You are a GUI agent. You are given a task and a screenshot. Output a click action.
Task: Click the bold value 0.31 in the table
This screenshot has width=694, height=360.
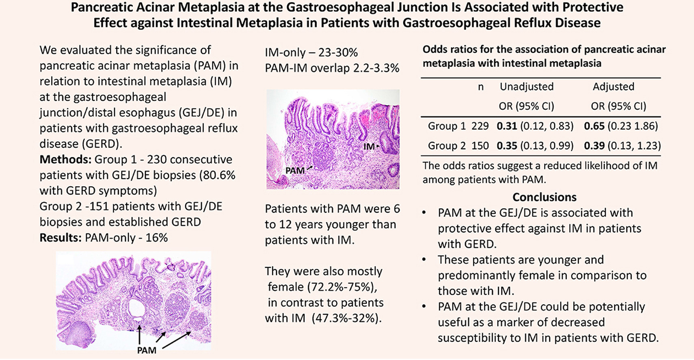point(506,126)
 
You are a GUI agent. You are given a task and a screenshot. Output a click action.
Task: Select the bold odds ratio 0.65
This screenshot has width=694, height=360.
point(594,126)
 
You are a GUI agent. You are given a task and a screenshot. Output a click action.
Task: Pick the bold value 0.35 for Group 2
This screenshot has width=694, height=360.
point(506,146)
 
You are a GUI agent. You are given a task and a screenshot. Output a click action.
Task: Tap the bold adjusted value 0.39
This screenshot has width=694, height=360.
point(594,146)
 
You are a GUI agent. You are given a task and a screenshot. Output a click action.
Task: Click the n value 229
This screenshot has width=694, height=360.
point(480,126)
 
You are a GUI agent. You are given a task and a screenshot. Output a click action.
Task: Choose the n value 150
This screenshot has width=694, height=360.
point(480,146)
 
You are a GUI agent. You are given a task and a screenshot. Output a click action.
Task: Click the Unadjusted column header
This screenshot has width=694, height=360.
point(526,87)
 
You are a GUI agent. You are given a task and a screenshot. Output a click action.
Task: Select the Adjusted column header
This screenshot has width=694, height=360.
point(613,87)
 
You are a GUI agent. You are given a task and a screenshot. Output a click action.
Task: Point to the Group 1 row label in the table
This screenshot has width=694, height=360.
point(447,126)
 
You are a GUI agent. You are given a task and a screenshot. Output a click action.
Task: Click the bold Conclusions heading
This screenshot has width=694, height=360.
point(544,197)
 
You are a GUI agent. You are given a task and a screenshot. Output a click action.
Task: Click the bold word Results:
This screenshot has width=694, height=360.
point(61,238)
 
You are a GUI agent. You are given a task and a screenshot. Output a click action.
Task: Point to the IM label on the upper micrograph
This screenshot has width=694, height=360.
point(369,146)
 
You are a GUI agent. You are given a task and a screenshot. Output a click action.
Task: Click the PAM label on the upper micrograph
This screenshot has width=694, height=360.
point(295,171)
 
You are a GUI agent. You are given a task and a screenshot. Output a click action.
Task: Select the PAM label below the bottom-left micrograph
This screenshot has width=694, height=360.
point(147,350)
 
